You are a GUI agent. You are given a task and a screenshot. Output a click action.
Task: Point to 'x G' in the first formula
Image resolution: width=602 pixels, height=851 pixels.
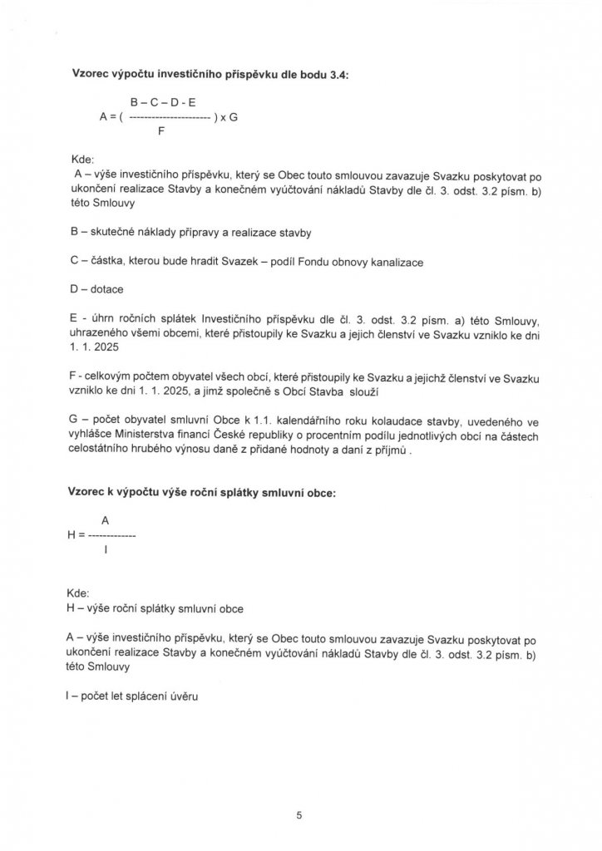(x=227, y=117)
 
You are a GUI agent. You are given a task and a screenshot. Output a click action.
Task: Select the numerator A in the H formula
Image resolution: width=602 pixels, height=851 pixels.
(x=106, y=519)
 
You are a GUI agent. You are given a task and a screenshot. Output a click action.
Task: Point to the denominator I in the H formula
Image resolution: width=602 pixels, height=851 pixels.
(x=106, y=550)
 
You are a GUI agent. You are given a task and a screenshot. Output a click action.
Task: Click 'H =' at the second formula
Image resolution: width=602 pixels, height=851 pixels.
(x=76, y=535)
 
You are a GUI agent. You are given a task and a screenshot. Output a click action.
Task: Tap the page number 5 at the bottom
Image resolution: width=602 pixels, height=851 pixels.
(x=299, y=816)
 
